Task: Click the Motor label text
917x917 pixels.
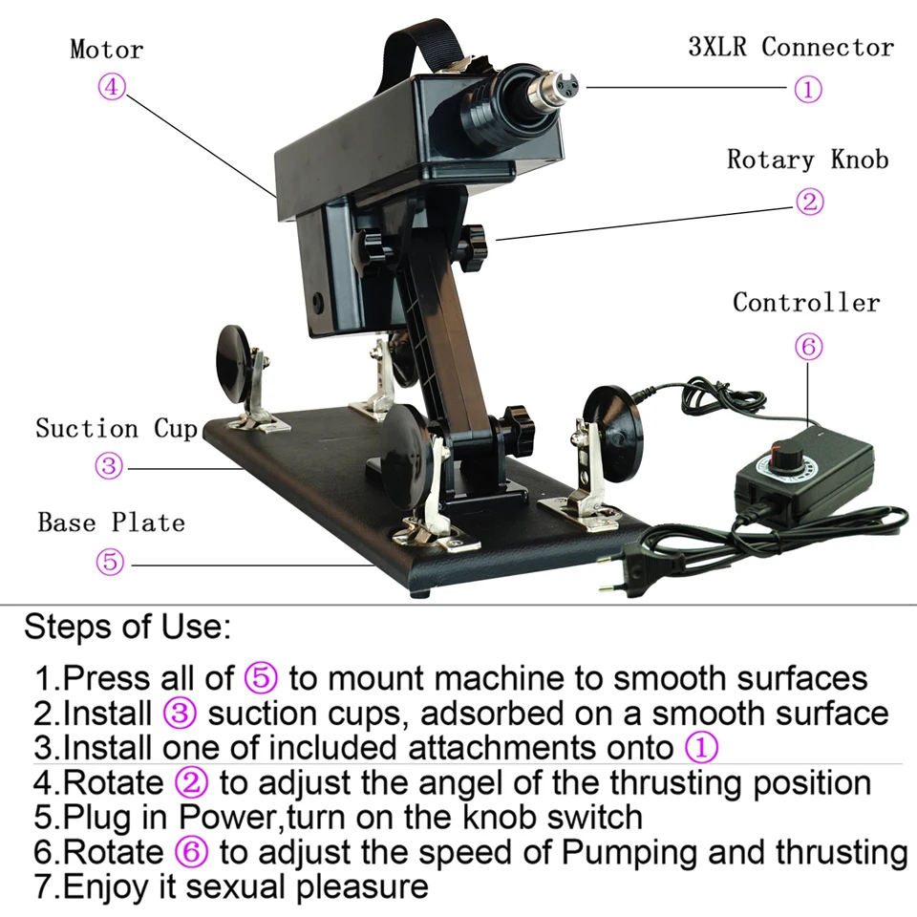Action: tap(106, 50)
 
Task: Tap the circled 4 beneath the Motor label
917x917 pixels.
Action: tap(112, 87)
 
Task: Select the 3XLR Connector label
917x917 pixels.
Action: tap(791, 48)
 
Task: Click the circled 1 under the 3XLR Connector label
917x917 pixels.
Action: tap(807, 89)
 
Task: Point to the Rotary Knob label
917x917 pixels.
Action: tap(807, 159)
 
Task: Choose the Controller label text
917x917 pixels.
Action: tap(806, 303)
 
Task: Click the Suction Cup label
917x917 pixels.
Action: tap(117, 428)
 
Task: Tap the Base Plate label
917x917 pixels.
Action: tap(111, 522)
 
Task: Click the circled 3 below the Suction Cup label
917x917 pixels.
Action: tap(109, 467)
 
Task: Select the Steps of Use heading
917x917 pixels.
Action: tap(126, 628)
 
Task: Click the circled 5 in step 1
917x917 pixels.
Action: tap(261, 678)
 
